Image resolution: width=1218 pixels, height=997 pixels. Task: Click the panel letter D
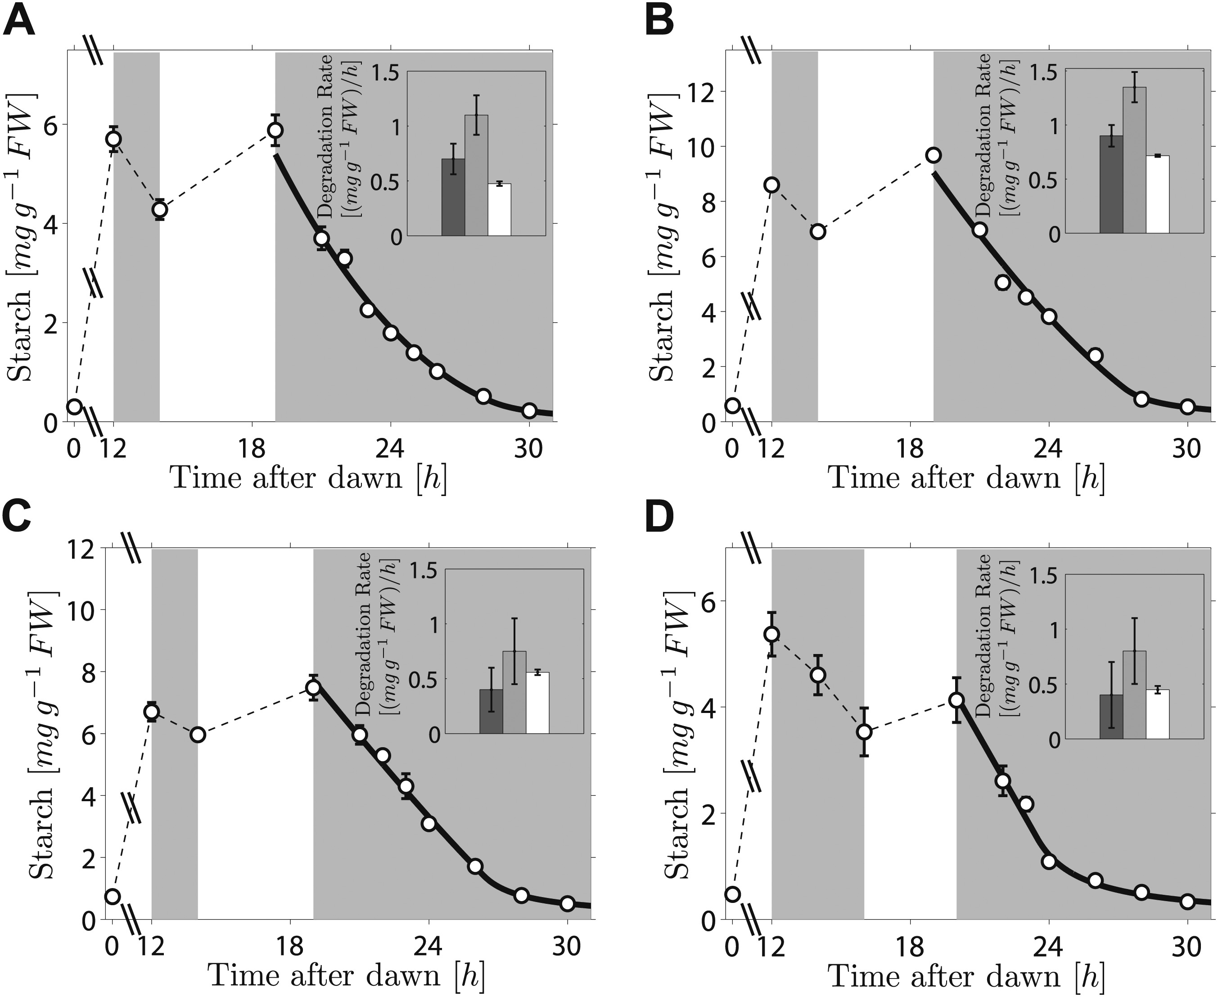click(660, 520)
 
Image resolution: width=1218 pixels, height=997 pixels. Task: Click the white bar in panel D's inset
click(1157, 713)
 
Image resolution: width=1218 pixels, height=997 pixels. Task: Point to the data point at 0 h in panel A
click(74, 406)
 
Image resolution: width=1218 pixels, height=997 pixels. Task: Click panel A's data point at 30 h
click(529, 410)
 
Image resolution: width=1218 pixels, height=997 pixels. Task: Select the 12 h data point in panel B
click(772, 185)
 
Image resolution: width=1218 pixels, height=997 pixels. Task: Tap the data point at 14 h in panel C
click(198, 735)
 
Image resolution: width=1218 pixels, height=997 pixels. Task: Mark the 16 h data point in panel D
click(864, 732)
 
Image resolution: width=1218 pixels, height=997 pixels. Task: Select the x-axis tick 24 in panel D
click(1049, 947)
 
